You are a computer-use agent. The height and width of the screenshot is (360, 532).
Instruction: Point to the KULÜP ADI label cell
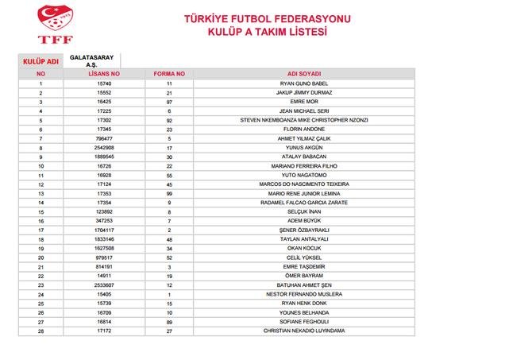pos(40,60)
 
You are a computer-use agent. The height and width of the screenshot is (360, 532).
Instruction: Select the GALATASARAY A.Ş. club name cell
pos(91,60)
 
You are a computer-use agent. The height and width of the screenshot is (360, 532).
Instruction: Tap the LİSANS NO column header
pos(104,73)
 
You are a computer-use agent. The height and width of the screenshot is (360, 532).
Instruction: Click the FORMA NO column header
pos(169,73)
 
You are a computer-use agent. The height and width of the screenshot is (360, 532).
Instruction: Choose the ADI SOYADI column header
pos(304,73)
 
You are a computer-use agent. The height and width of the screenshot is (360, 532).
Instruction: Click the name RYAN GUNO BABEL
pos(304,83)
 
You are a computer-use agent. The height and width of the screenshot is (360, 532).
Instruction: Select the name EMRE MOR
pos(304,102)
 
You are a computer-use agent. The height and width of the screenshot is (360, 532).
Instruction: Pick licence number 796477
pos(104,138)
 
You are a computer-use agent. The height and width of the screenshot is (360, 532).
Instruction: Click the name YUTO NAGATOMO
pos(304,175)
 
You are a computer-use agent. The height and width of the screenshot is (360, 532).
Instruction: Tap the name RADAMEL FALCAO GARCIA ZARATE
pos(304,203)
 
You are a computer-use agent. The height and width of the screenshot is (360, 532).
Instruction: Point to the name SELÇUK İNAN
pos(304,212)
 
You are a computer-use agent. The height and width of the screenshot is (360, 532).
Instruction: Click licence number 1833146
pos(104,239)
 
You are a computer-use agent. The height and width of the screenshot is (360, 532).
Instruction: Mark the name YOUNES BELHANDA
pos(304,312)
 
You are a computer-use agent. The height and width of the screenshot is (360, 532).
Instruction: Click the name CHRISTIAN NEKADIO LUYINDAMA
pos(304,331)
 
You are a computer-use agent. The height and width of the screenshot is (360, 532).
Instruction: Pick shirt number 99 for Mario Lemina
pos(169,193)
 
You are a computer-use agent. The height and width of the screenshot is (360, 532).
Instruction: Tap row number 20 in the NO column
pos(40,257)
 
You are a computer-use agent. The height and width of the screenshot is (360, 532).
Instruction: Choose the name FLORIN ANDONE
pos(304,129)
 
